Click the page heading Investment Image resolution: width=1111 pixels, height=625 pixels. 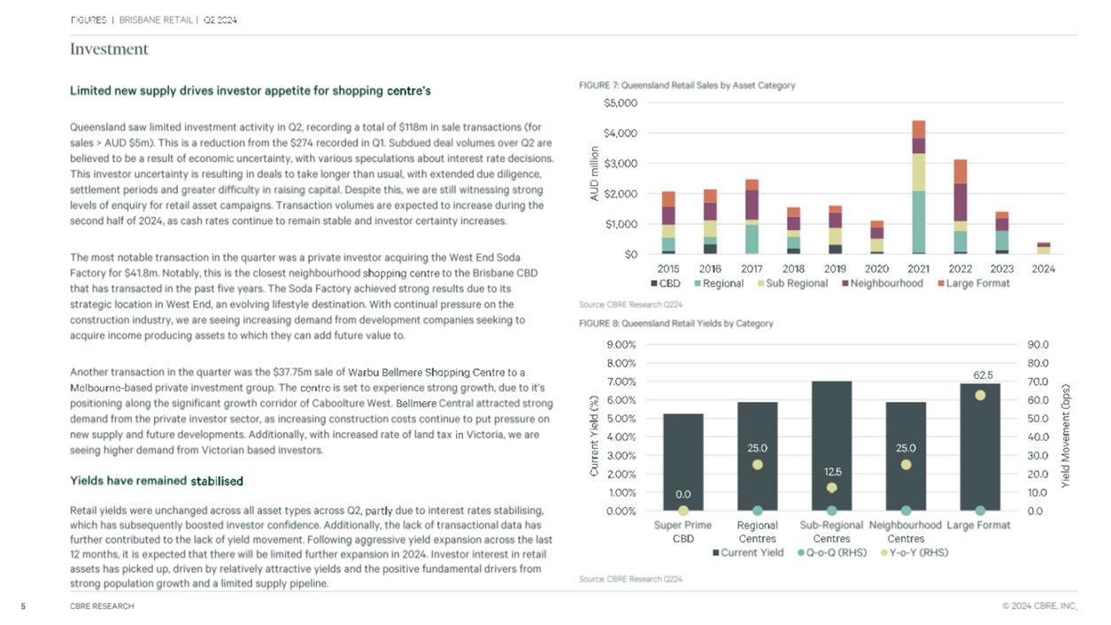[109, 49]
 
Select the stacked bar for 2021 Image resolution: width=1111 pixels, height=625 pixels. [919, 187]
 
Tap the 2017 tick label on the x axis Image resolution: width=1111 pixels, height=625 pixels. [752, 269]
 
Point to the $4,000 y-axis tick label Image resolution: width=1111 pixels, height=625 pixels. [621, 133]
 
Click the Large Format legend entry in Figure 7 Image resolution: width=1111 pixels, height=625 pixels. [974, 283]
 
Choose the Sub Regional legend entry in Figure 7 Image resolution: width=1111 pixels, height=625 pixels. [792, 283]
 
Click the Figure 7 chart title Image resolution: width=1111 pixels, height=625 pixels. [687, 85]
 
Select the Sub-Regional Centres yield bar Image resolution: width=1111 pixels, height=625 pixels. [832, 446]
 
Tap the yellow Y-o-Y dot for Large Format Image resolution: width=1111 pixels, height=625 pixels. [980, 396]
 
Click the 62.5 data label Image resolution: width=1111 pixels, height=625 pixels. [983, 375]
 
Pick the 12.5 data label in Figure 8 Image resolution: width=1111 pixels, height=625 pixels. [833, 472]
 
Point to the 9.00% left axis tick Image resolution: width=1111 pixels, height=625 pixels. [621, 344]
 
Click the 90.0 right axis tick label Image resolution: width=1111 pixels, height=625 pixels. [1038, 344]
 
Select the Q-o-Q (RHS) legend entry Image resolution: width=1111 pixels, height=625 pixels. [832, 552]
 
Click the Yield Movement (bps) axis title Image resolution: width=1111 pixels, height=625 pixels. [1065, 436]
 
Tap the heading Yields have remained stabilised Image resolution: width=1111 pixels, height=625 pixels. [156, 481]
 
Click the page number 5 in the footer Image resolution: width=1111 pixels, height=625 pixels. [23, 606]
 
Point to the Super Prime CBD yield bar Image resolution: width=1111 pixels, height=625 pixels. [683, 462]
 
